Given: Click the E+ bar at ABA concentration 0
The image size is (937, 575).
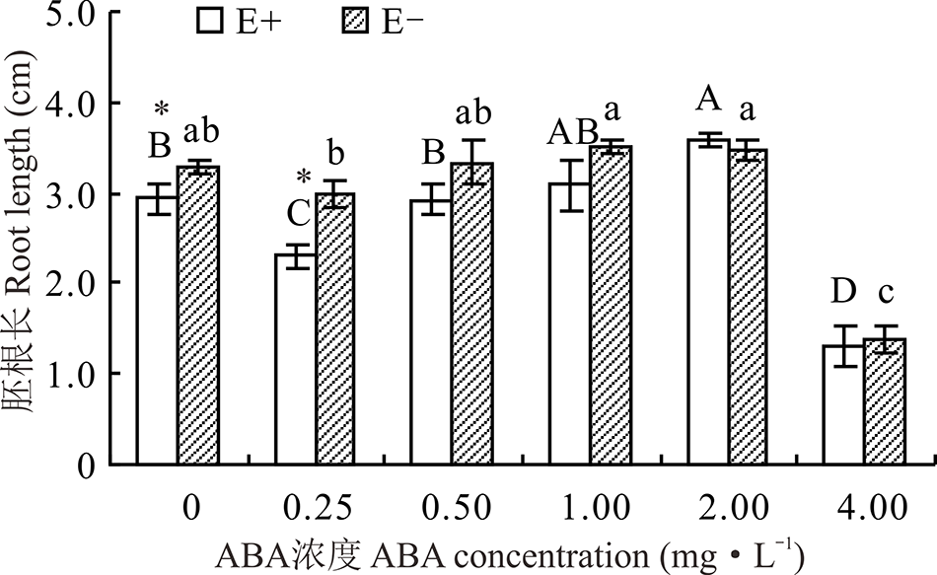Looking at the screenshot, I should [157, 330].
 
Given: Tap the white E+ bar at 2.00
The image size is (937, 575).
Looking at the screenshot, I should [708, 301].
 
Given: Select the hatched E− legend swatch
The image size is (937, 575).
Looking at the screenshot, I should [356, 22].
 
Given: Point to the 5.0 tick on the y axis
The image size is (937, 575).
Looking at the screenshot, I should [77, 14].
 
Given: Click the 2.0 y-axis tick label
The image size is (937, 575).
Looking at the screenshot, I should [77, 283].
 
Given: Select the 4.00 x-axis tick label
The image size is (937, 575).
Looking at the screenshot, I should [867, 509].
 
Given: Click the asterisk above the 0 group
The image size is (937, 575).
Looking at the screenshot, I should [162, 110].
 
